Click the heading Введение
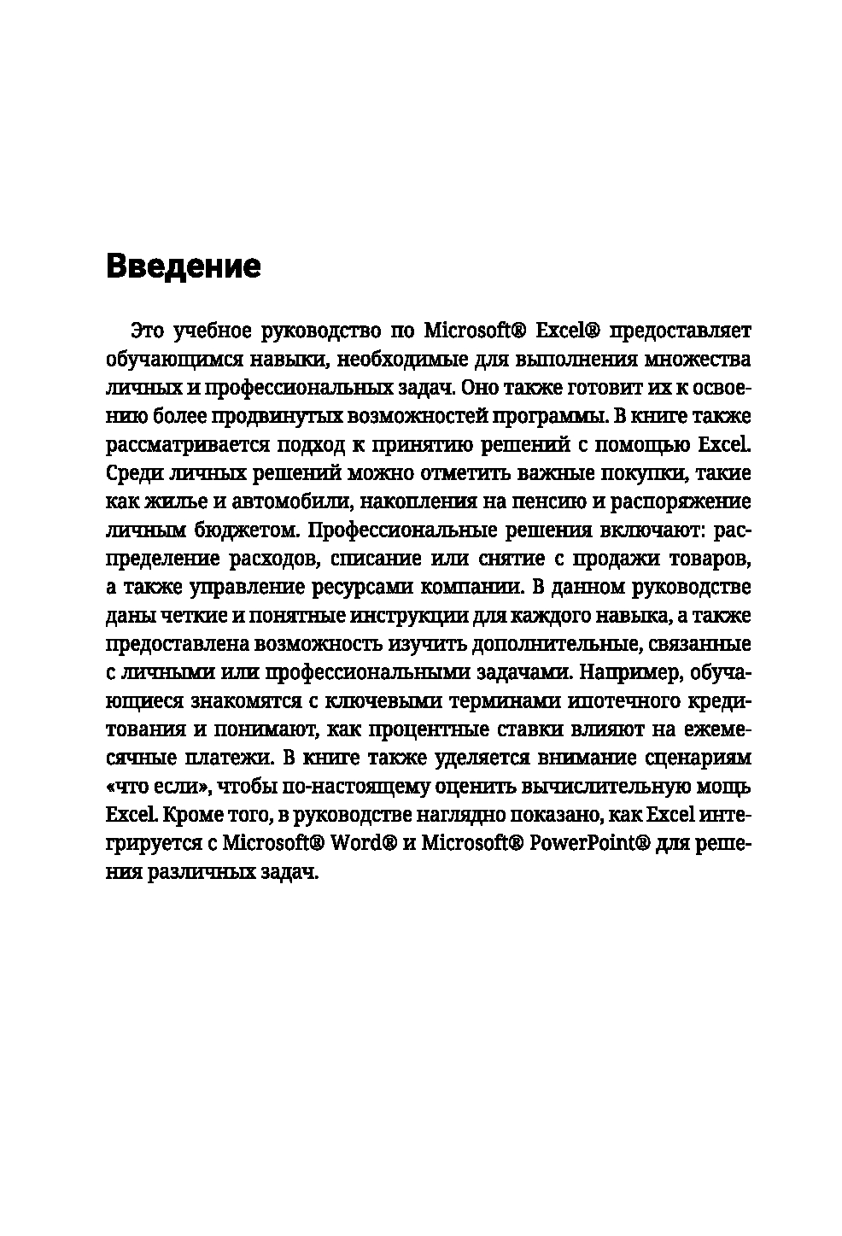(x=184, y=267)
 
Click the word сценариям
(x=696, y=759)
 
